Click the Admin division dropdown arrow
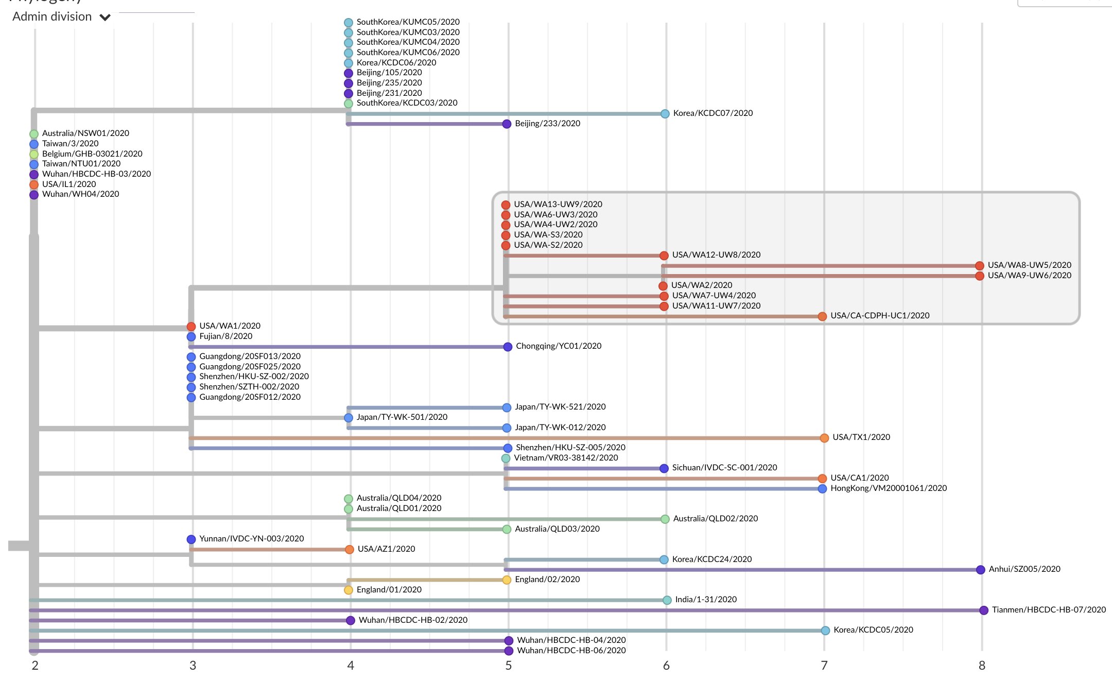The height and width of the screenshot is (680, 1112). pos(105,18)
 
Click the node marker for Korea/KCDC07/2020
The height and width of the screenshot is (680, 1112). pos(665,114)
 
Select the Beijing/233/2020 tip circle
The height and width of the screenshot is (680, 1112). pos(507,124)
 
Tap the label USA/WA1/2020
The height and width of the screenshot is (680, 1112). pos(230,326)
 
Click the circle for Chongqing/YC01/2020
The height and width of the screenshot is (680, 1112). pos(508,347)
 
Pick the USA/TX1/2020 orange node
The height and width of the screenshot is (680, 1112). pos(824,438)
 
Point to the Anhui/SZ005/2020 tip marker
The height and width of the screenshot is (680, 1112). pos(981,570)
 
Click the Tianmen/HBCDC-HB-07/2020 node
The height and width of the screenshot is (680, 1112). pos(984,610)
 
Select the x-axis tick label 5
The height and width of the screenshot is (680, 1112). pos(508,666)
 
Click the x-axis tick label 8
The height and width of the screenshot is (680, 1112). pos(982,666)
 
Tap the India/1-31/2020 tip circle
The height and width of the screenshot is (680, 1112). pos(667,600)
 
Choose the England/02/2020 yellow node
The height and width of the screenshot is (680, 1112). pos(507,580)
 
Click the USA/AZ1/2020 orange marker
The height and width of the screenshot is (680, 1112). pos(350,550)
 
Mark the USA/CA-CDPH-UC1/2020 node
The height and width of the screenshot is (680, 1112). pos(822,316)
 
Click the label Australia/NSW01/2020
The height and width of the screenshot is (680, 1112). pos(85,133)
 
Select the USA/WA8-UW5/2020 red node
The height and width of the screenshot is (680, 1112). pos(979,266)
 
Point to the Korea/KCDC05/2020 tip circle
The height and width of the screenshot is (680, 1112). pos(825,631)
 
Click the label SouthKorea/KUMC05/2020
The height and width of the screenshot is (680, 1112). pos(408,22)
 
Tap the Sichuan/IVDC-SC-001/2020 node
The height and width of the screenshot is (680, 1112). pos(664,468)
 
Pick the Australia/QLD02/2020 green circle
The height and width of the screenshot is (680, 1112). pos(665,519)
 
